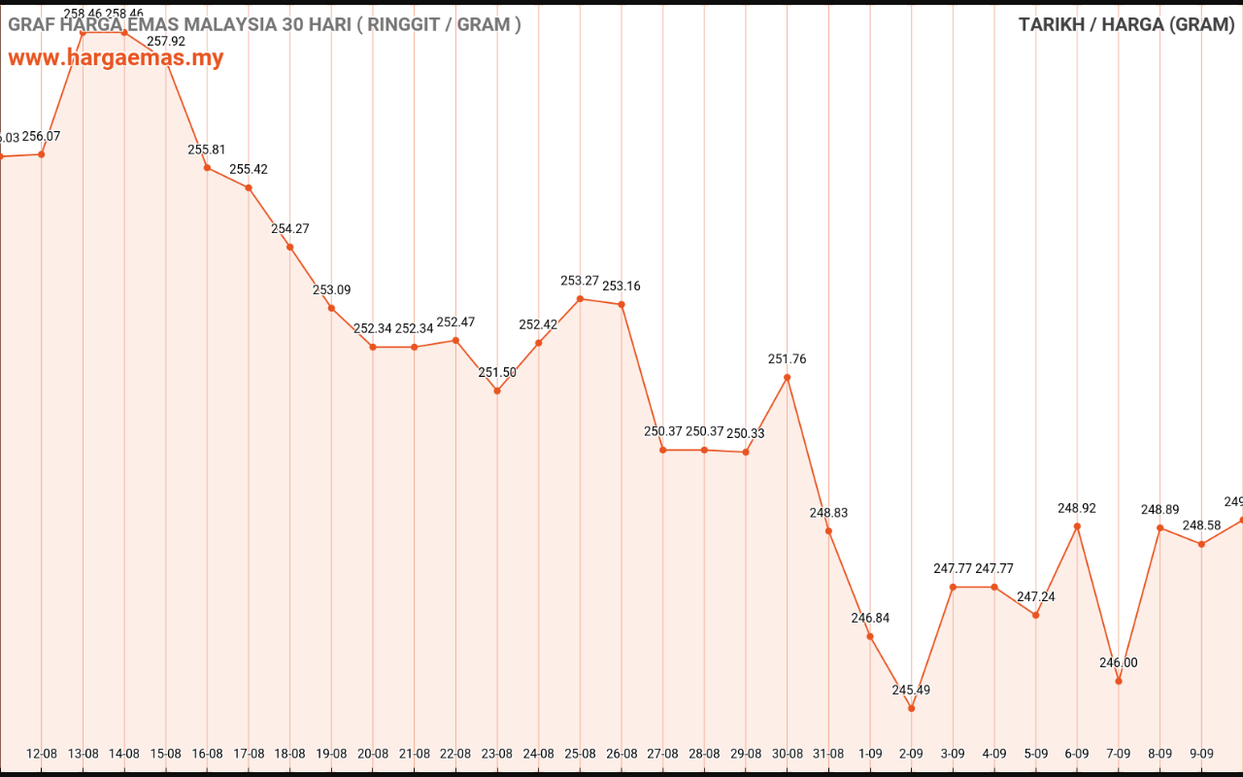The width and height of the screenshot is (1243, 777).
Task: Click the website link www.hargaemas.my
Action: click(117, 58)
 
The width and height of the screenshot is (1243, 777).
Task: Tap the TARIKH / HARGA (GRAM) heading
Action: click(1126, 24)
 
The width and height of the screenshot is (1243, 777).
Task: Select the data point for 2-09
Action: click(911, 708)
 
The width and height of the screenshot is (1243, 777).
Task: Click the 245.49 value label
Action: click(911, 690)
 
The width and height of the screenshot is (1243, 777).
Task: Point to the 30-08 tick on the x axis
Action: click(787, 753)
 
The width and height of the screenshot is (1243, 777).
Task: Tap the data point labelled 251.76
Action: click(787, 377)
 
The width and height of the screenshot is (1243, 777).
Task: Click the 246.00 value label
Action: click(1119, 662)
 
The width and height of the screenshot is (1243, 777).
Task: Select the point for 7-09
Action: click(1119, 681)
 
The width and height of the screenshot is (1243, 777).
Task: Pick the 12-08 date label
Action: click(41, 753)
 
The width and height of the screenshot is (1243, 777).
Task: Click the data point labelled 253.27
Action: click(580, 299)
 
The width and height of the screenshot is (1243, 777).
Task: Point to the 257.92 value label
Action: click(166, 42)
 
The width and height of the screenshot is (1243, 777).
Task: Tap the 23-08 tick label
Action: click(496, 753)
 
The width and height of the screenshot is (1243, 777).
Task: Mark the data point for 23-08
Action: click(497, 390)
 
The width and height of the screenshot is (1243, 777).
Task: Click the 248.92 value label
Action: click(1077, 508)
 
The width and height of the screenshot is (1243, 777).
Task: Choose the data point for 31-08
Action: click(828, 530)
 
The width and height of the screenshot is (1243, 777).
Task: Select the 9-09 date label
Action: click(1201, 753)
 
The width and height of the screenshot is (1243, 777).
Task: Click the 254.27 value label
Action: click(289, 229)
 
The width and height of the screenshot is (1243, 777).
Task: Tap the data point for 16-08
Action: click(207, 168)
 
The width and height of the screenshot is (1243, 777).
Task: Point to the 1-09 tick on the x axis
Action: click(870, 753)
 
